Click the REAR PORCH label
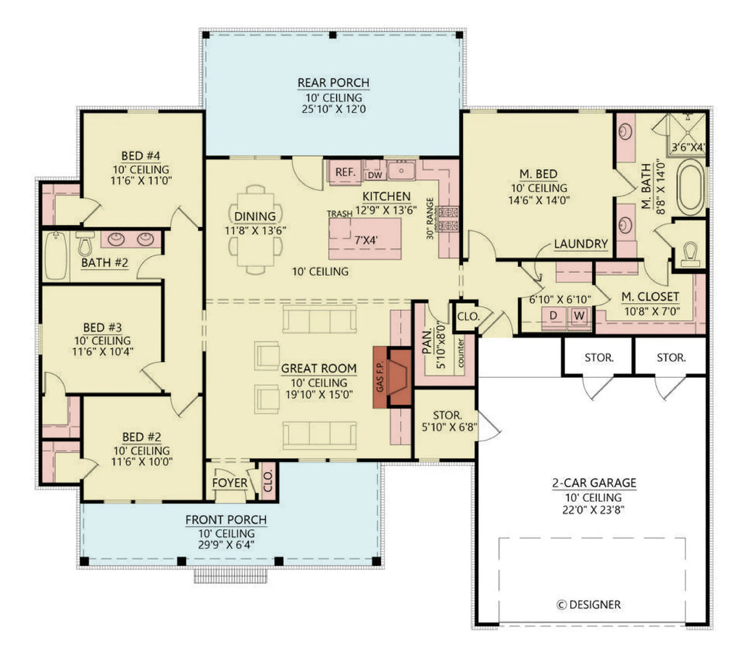[333, 82]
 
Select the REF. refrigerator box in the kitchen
[345, 173]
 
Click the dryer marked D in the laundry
[556, 316]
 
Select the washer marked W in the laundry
[579, 316]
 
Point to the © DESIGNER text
[588, 604]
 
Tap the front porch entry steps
[230, 576]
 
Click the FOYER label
[230, 483]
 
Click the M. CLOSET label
[650, 296]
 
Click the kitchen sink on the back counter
[400, 171]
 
